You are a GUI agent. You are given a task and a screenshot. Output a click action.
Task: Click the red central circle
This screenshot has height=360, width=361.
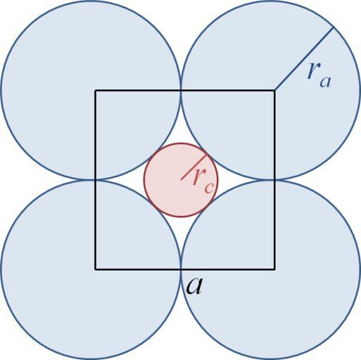[181, 180]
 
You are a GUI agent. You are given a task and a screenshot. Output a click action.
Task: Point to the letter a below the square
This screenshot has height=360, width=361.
[194, 286]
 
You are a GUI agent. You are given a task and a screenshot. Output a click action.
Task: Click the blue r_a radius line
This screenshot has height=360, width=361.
[304, 58]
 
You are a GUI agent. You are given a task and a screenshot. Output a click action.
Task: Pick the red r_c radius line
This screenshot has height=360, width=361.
[194, 167]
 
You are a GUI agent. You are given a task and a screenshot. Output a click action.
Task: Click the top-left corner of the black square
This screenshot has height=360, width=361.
[95, 90]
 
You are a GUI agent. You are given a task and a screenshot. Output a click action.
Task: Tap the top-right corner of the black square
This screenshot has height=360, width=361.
[274, 90]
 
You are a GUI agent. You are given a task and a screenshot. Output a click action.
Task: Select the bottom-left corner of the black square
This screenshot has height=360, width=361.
[95, 269]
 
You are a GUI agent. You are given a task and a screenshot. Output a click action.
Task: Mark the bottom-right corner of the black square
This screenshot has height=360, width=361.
[274, 269]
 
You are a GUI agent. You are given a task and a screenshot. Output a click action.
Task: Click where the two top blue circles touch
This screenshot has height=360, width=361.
[181, 90]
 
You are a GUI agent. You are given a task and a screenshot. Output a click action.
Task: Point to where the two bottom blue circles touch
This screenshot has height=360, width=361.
[181, 269]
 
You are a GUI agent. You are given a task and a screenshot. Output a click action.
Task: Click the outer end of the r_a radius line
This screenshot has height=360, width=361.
[334, 27]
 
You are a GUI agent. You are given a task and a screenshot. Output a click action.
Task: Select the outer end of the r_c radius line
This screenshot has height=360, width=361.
[207, 153]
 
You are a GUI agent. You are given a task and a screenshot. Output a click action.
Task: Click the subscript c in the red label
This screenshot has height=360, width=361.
[209, 188]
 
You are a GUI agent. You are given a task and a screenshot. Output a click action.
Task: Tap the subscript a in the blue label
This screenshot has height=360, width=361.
[325, 82]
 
